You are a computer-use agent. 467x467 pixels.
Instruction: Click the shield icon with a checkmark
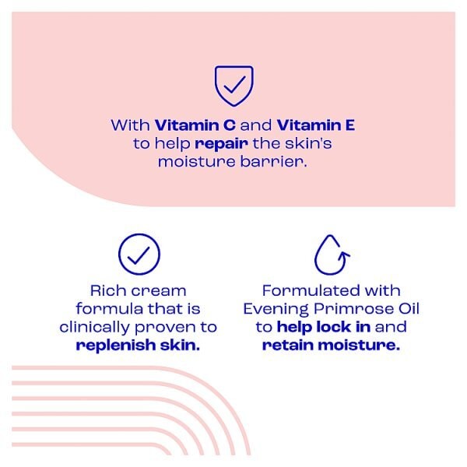233,86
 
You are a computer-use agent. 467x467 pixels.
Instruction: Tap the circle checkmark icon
139,253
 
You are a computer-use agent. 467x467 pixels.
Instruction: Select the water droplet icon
330,253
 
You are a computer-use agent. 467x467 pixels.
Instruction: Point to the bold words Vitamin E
317,125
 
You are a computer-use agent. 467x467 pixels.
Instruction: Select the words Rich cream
139,290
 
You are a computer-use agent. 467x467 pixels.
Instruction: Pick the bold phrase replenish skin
139,346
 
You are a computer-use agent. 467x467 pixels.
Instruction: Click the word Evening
277,309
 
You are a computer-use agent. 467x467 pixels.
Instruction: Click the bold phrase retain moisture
330,346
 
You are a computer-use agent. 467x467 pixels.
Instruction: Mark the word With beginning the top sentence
131,125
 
